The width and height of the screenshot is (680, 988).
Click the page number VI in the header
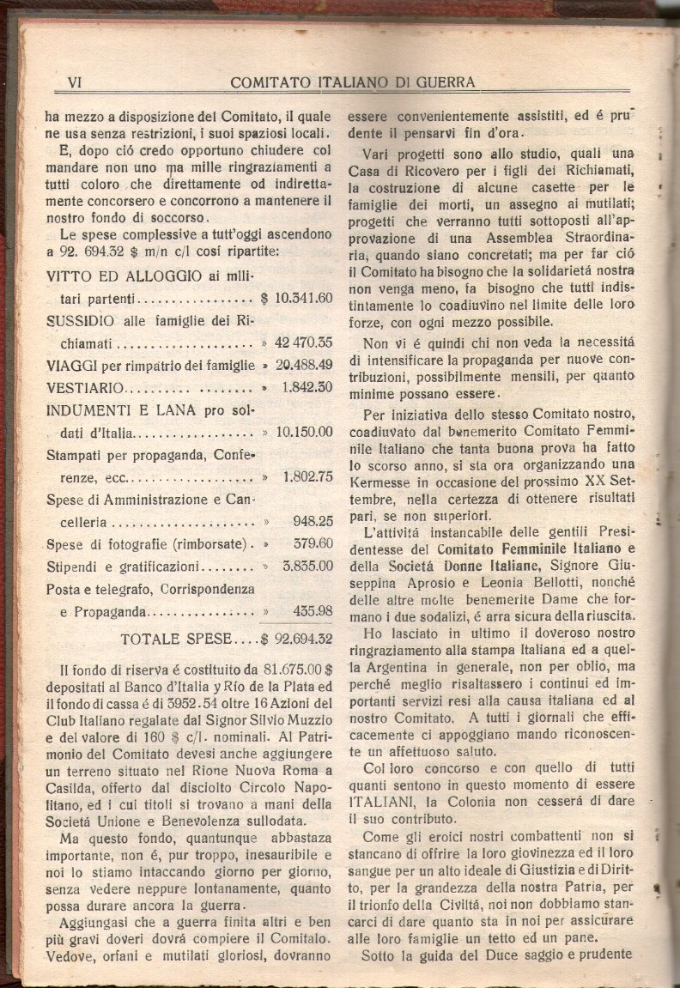tap(74, 82)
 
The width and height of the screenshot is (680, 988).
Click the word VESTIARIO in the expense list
tap(85, 388)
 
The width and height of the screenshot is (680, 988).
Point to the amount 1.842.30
tap(307, 388)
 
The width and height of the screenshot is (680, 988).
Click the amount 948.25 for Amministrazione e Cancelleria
tap(312, 522)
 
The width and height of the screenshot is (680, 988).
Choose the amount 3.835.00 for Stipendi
tap(307, 567)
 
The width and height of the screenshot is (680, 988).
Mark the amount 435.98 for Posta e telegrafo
tap(312, 611)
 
